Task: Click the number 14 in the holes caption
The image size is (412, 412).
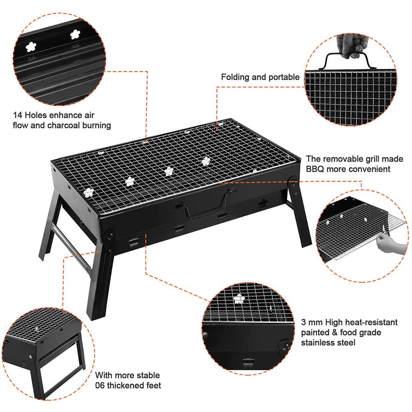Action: [x=18, y=115]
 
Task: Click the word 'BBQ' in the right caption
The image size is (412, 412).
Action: [x=315, y=169]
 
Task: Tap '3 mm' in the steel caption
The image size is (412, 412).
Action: [x=312, y=322]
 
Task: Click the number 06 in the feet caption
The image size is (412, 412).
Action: [x=100, y=386]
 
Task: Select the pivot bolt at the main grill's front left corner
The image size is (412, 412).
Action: [x=110, y=234]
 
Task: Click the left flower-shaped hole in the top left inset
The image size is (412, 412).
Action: [x=31, y=47]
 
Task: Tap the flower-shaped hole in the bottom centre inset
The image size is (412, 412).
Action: [x=239, y=299]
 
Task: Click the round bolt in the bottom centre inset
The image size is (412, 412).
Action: [x=285, y=345]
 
